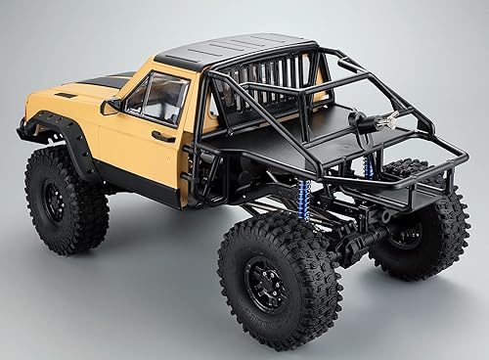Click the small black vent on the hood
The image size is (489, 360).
[66, 96]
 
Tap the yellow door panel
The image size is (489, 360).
[147, 147]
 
